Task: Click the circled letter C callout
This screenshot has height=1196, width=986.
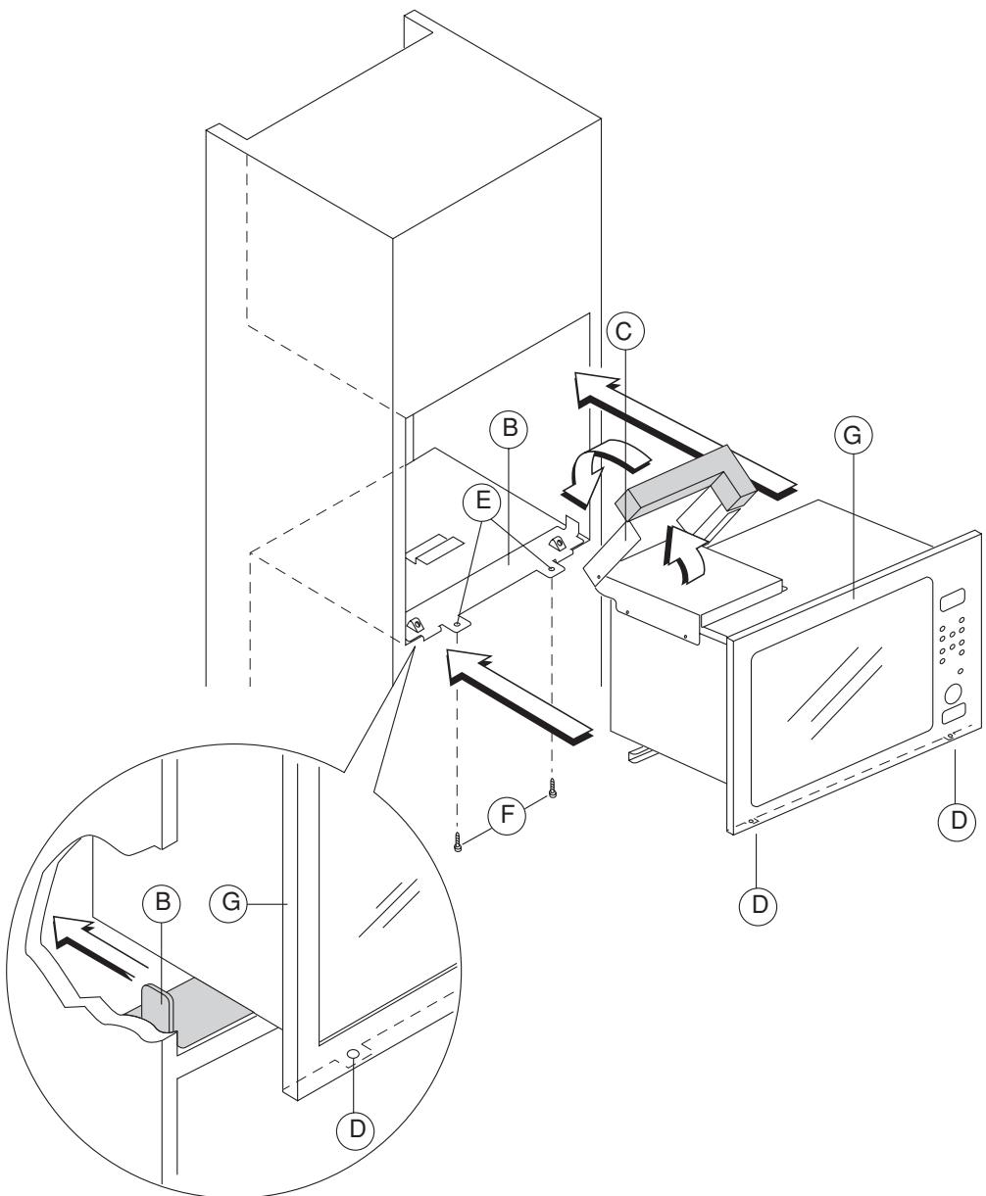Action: pyautogui.click(x=625, y=331)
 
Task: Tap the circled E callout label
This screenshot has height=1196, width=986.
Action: pyautogui.click(x=482, y=501)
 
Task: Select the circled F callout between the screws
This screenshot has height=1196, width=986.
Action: pyautogui.click(x=507, y=815)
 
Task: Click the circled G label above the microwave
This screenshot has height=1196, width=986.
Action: pyautogui.click(x=853, y=435)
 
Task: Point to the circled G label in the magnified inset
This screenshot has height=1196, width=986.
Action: pyautogui.click(x=229, y=902)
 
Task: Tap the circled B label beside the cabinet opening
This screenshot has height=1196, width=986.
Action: pyautogui.click(x=509, y=428)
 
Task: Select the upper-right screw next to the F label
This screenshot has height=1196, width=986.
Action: pyautogui.click(x=553, y=789)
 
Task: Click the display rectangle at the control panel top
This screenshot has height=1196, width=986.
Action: pyautogui.click(x=952, y=599)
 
